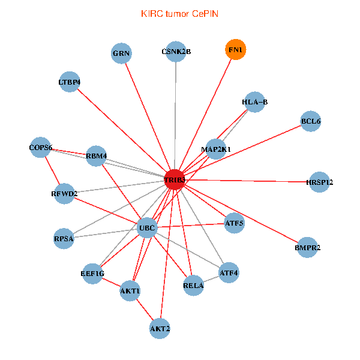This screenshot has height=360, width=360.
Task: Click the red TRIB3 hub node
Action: tap(175, 180)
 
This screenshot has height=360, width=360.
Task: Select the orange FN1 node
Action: tap(235, 50)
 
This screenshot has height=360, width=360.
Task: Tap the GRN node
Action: tap(121, 53)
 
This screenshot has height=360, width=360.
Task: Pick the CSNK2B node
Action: tap(176, 52)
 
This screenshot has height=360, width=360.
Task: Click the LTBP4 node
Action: tap(70, 82)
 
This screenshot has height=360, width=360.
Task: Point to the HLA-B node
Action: tap(255, 103)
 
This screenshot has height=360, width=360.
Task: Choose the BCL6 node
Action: tap(311, 122)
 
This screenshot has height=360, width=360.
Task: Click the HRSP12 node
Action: tap(319, 182)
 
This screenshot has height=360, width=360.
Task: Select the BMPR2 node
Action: tap(308, 247)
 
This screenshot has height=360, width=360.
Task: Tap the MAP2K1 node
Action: tap(216, 149)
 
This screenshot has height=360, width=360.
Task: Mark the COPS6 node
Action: tap(41, 148)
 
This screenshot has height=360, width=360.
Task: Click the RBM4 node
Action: tap(96, 157)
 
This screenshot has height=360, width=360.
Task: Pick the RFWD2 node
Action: tap(64, 194)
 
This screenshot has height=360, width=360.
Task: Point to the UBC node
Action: tap(147, 227)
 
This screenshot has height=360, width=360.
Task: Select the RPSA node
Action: tap(64, 238)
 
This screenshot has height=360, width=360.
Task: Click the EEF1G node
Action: tap(92, 274)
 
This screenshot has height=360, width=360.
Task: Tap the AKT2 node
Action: tap(160, 328)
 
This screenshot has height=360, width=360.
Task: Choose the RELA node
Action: tap(193, 285)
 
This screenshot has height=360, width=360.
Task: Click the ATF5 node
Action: tap(234, 224)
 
